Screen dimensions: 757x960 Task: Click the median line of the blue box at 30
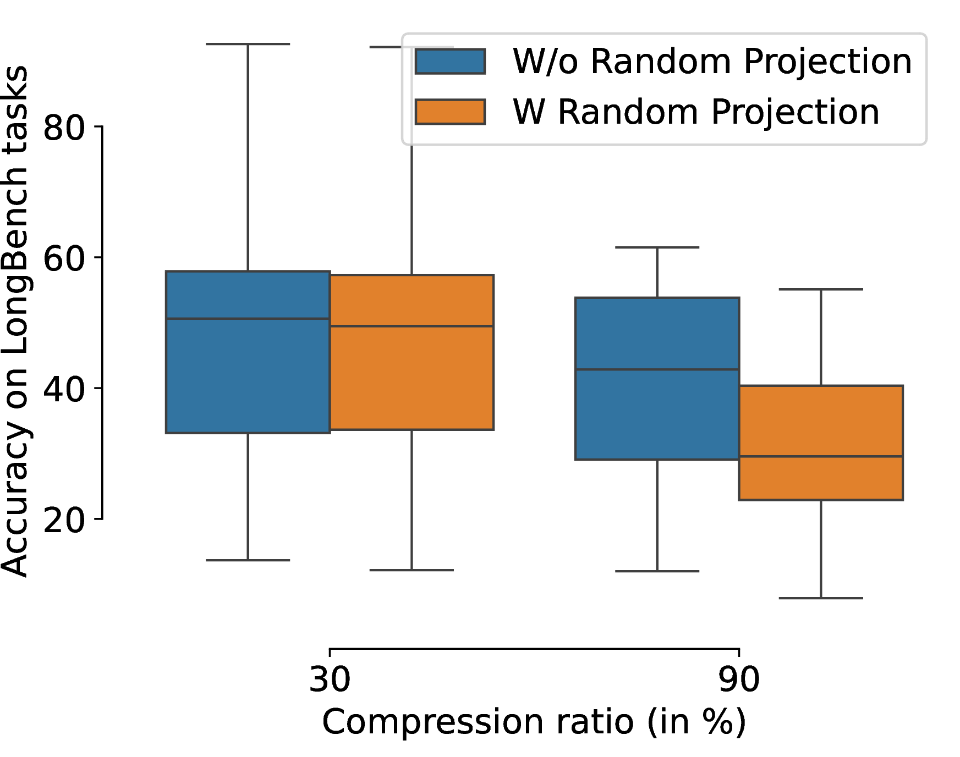(x=248, y=318)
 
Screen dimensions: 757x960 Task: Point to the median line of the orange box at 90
(x=821, y=456)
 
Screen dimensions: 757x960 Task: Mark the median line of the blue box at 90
(x=657, y=369)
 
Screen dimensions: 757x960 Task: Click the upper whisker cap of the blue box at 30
(x=248, y=44)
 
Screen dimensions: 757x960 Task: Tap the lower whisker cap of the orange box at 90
(x=821, y=598)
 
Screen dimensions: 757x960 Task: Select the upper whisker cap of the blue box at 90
(x=657, y=247)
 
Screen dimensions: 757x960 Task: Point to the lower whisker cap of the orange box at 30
(x=412, y=570)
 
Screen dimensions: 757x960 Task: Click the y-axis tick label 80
(x=64, y=128)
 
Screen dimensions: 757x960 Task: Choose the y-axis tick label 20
(x=64, y=520)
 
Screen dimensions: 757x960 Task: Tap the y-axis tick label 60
(x=64, y=258)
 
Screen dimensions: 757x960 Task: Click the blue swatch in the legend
(x=450, y=61)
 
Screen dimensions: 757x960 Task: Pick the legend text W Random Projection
(x=696, y=112)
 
